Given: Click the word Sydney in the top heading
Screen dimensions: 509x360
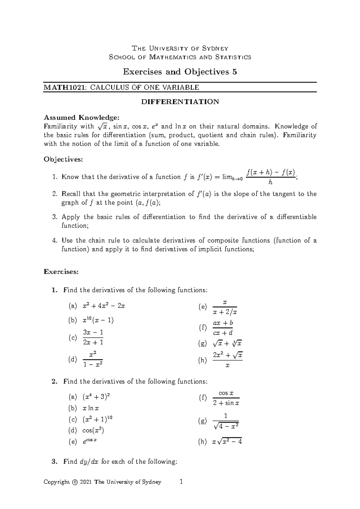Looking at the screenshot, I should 215,49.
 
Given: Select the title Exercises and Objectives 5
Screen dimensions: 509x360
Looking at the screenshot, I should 180,72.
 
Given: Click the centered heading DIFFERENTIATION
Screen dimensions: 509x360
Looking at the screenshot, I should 180,102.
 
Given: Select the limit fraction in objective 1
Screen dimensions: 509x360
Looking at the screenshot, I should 271,177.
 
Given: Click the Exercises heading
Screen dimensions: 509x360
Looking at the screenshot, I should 61,272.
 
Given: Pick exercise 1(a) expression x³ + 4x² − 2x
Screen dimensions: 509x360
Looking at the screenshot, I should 104,306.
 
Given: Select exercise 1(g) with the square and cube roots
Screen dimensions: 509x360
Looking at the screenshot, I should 227,344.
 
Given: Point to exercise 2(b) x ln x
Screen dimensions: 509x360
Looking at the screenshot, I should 91,408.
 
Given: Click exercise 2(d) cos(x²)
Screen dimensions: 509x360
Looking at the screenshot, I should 93,431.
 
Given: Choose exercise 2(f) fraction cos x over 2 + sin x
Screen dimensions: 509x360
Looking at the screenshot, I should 226,398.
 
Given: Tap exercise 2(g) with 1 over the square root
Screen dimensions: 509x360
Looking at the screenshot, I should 226,421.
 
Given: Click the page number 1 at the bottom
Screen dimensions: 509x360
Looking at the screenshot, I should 181,482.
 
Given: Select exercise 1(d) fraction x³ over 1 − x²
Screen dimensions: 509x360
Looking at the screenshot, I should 93,359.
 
